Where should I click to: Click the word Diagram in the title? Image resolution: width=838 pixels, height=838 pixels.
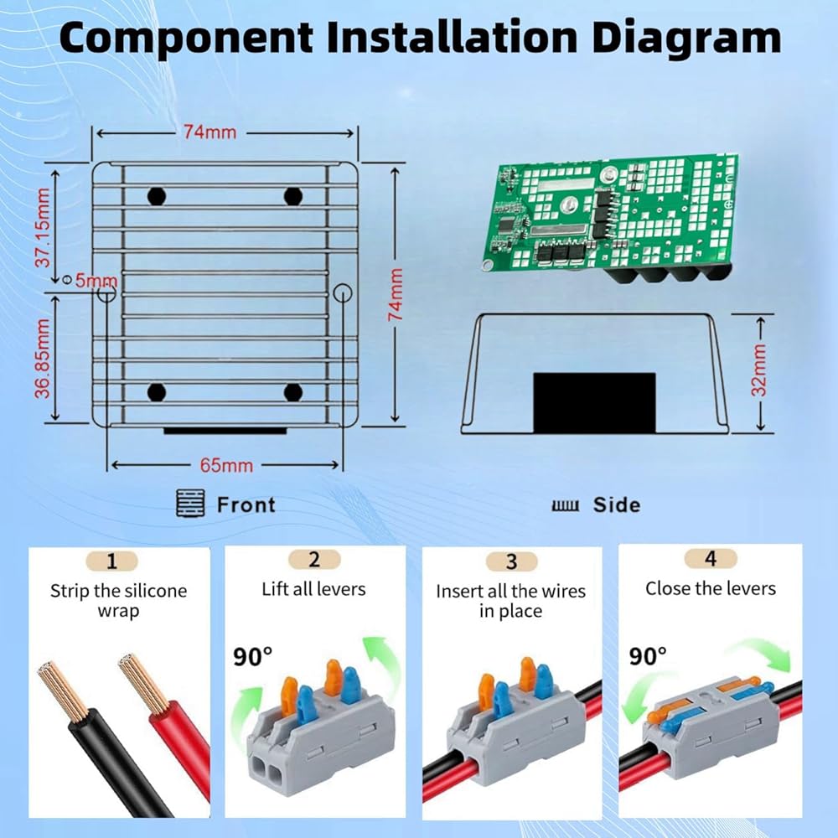pos(686,39)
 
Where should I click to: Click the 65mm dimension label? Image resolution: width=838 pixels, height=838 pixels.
pos(226,465)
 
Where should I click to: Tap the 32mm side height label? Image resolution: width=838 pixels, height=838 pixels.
pos(759,370)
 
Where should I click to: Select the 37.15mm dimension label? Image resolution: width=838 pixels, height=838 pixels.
pos(42,227)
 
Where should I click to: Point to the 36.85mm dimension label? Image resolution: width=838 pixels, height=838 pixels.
pos(42,358)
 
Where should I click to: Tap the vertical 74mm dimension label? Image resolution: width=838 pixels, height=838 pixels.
pos(395,294)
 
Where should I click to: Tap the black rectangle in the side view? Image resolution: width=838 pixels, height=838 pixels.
pos(594,402)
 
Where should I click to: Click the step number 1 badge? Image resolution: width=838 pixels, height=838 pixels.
pos(111,561)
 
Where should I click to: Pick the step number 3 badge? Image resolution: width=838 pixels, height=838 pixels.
pos(511,561)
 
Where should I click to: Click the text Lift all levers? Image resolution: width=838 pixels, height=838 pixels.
pos(313,589)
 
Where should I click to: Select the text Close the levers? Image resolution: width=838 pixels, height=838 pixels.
pos(711,588)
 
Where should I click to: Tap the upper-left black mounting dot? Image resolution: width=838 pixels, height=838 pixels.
pos(157,196)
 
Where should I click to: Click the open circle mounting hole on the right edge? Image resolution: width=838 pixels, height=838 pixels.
pos(342,292)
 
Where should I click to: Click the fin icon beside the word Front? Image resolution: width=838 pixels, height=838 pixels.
pos(191,503)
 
